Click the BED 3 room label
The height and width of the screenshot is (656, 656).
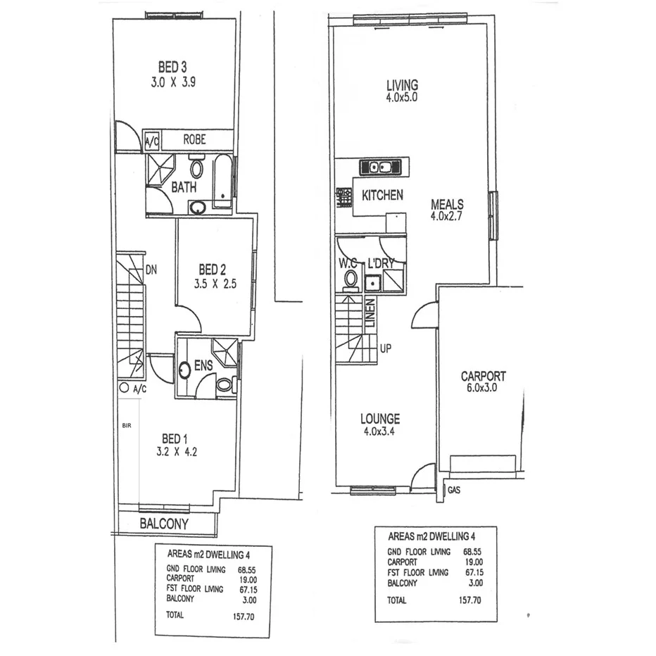(x=172, y=68)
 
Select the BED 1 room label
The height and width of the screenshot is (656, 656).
(x=177, y=438)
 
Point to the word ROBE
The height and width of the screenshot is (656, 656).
(x=194, y=140)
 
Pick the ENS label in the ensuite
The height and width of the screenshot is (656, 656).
(x=203, y=366)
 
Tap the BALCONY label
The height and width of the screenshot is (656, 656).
(x=164, y=524)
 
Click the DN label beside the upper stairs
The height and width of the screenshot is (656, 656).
(x=151, y=270)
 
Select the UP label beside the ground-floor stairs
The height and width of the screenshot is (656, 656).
(x=385, y=348)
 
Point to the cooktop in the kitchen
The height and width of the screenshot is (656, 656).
(x=344, y=196)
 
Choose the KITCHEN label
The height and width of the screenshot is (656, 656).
(x=382, y=195)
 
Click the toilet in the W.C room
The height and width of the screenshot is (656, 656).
(x=350, y=280)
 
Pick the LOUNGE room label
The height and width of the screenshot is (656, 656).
(x=381, y=419)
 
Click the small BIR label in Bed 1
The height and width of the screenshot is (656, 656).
(x=127, y=426)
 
